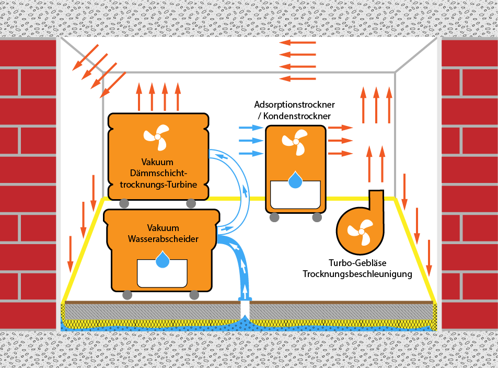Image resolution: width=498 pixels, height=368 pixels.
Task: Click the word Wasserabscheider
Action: click(x=163, y=239)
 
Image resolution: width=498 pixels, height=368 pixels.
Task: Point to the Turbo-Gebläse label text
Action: click(x=357, y=263)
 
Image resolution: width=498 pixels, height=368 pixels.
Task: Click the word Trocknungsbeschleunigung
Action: click(x=357, y=274)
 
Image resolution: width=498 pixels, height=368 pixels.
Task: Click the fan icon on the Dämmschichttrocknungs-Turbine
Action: click(x=156, y=137)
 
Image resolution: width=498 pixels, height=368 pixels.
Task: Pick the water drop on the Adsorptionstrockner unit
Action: click(x=295, y=180)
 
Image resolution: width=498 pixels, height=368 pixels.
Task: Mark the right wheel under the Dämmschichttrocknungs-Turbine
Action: click(x=189, y=203)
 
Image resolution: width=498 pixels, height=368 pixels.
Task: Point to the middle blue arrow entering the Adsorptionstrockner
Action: click(x=250, y=140)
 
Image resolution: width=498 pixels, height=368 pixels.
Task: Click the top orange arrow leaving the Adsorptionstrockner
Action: click(x=340, y=128)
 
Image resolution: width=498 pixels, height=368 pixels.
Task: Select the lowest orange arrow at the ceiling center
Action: click(x=298, y=78)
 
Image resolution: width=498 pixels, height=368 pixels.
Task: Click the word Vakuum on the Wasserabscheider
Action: click(x=163, y=228)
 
